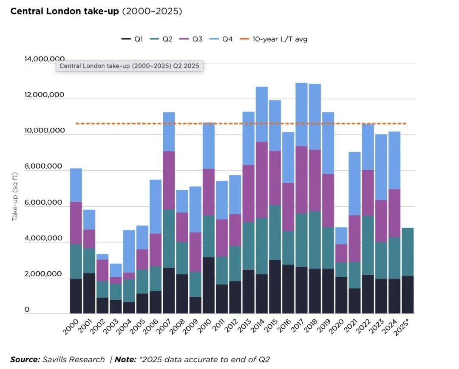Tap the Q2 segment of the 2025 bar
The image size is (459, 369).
click(407, 252)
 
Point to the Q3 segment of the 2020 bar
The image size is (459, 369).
click(341, 253)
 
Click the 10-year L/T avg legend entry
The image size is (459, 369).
click(275, 39)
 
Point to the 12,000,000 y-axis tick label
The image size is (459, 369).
click(45, 95)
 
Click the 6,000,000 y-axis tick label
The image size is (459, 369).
click(45, 203)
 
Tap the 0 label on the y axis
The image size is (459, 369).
click(27, 310)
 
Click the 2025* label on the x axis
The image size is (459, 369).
click(404, 327)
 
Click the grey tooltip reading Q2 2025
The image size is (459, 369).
click(129, 66)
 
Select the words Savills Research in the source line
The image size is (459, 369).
click(74, 360)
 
